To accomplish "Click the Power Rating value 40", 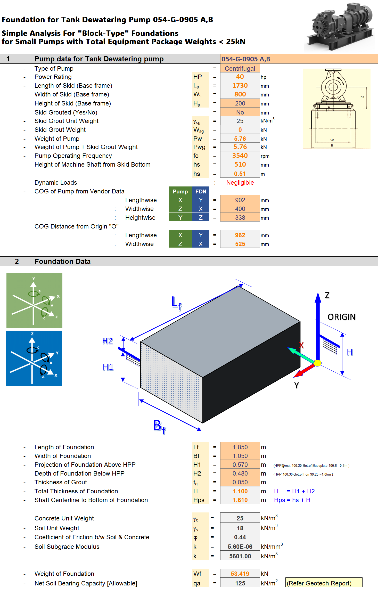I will point(240,77).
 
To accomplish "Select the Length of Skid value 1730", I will point(240,86).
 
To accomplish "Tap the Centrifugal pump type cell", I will point(240,69).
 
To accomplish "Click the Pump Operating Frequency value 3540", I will point(240,156).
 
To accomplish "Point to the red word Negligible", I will point(240,183).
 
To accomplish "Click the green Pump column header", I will point(180,191).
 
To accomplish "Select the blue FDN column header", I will point(201,191).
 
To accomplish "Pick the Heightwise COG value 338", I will point(240,218).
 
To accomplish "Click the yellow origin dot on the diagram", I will point(317,363).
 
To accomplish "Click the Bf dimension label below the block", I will point(159,426).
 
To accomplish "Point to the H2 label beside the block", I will point(108,341).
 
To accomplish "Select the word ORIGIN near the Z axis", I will point(341,317).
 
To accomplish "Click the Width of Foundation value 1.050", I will point(240,456).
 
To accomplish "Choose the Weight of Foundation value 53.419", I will point(240,574).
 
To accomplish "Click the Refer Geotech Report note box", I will point(324,583).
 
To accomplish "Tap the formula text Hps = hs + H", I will point(292,500).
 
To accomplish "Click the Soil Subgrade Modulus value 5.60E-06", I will point(240,547).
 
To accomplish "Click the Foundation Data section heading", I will point(62,261).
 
